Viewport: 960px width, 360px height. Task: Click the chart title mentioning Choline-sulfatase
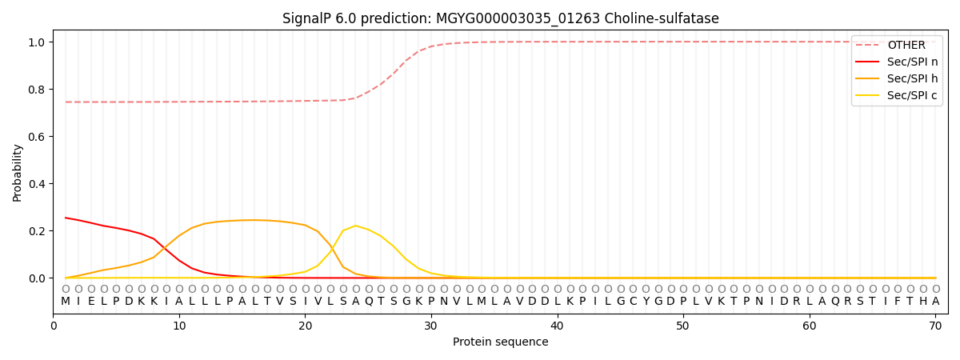500,18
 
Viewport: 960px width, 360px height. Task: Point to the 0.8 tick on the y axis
38,90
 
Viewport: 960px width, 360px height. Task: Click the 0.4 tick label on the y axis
38,184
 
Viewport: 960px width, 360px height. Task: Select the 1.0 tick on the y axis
38,42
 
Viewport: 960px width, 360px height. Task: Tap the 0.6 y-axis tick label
38,137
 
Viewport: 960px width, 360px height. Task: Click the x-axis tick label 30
431,326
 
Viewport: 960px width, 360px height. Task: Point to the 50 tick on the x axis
683,326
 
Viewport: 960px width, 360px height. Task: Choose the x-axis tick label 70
935,326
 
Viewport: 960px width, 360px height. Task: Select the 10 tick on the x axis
179,326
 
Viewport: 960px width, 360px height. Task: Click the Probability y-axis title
18,173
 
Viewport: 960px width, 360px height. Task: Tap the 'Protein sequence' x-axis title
500,342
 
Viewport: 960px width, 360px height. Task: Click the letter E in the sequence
91,302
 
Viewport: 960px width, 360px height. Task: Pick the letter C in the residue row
633,302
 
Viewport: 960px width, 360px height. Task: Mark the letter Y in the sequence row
646,302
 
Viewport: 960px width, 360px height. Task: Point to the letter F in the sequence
898,302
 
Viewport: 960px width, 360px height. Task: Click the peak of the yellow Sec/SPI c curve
356,226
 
